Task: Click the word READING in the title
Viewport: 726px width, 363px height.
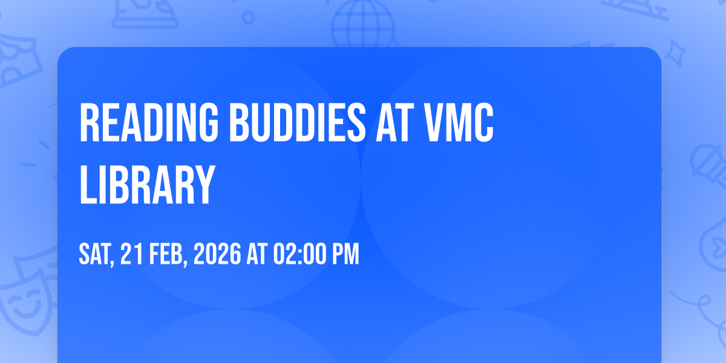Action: point(149,122)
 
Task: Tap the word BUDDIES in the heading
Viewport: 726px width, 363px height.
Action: point(298,122)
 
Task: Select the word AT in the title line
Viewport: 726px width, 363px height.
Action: point(394,122)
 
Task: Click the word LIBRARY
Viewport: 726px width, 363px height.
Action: point(147,184)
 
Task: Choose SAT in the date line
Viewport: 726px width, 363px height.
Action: point(95,254)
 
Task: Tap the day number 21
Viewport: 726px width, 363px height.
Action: point(132,253)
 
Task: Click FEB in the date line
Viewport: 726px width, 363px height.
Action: point(166,253)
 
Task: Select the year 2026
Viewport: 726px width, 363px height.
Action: point(217,253)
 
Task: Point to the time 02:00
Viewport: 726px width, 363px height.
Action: point(298,253)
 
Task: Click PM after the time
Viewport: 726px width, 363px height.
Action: point(346,253)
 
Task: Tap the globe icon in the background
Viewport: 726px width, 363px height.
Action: point(364,24)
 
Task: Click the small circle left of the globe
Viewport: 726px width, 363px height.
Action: point(248,18)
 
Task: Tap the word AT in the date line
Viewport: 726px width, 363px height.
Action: point(257,253)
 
